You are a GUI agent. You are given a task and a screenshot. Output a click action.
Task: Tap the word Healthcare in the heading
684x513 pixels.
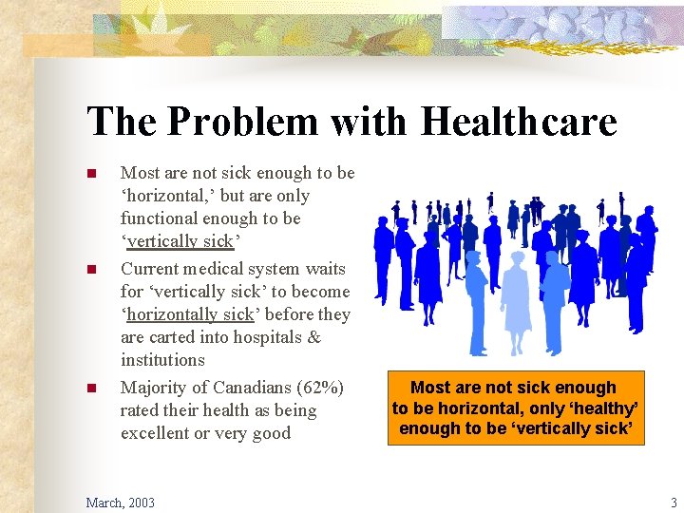coord(519,123)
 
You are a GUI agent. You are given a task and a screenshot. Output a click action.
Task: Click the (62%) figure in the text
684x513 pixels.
coord(318,388)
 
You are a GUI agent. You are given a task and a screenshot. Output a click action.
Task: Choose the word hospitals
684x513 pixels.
coord(268,337)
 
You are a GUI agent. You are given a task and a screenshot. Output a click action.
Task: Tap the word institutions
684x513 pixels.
coord(162,360)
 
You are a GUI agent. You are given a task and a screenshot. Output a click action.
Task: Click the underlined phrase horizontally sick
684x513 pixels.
coord(190,314)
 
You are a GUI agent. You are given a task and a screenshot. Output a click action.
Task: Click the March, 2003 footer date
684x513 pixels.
coord(120,502)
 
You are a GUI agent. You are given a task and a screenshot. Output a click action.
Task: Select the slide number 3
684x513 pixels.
coord(674,502)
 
